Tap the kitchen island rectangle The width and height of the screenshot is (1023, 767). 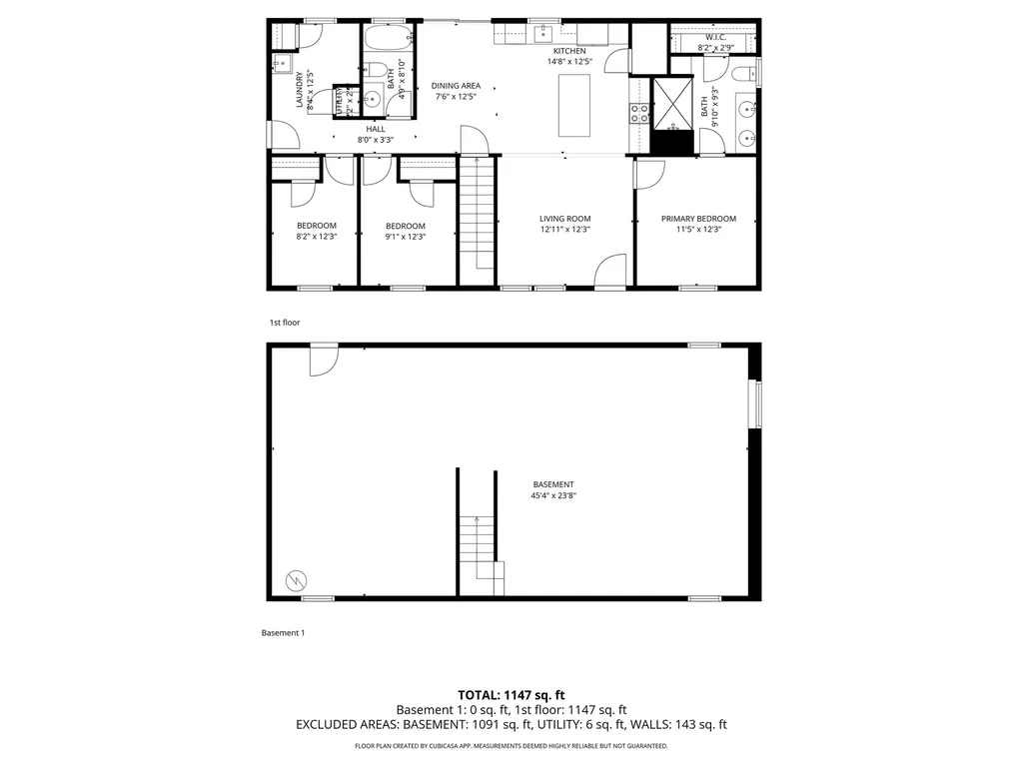573,105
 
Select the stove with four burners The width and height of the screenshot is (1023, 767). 636,113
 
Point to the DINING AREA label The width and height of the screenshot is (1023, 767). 457,86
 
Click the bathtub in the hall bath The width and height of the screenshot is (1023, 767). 388,40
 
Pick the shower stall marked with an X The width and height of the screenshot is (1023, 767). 672,104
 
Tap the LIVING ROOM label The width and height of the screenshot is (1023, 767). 565,219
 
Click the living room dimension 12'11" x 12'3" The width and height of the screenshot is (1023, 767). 565,231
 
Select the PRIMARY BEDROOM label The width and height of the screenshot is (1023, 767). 698,219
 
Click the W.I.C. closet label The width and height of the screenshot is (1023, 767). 714,37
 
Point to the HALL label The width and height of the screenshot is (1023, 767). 376,129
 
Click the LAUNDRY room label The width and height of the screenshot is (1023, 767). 300,90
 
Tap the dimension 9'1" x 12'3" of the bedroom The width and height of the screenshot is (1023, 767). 406,238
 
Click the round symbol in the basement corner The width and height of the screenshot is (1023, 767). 296,578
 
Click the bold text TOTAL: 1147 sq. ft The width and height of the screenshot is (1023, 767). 511,694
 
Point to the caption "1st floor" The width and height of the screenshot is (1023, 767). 284,323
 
